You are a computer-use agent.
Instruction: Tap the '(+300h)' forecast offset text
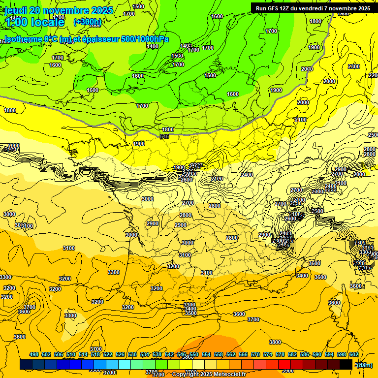[x=88, y=22]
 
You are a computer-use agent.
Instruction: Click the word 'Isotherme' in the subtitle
[x=23, y=39]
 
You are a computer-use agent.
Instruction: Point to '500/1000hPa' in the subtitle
[x=144, y=39]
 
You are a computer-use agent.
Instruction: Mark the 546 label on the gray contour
[x=164, y=136]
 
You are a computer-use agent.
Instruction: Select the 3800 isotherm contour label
[x=275, y=342]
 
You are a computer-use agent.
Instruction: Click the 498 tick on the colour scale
[x=34, y=354]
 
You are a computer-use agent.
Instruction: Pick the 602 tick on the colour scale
[x=354, y=354]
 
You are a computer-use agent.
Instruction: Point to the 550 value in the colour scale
[x=194, y=354]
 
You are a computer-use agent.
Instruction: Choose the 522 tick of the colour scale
[x=108, y=354]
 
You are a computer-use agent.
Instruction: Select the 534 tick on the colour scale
[x=145, y=354]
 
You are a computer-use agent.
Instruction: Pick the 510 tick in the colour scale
[x=71, y=354]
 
